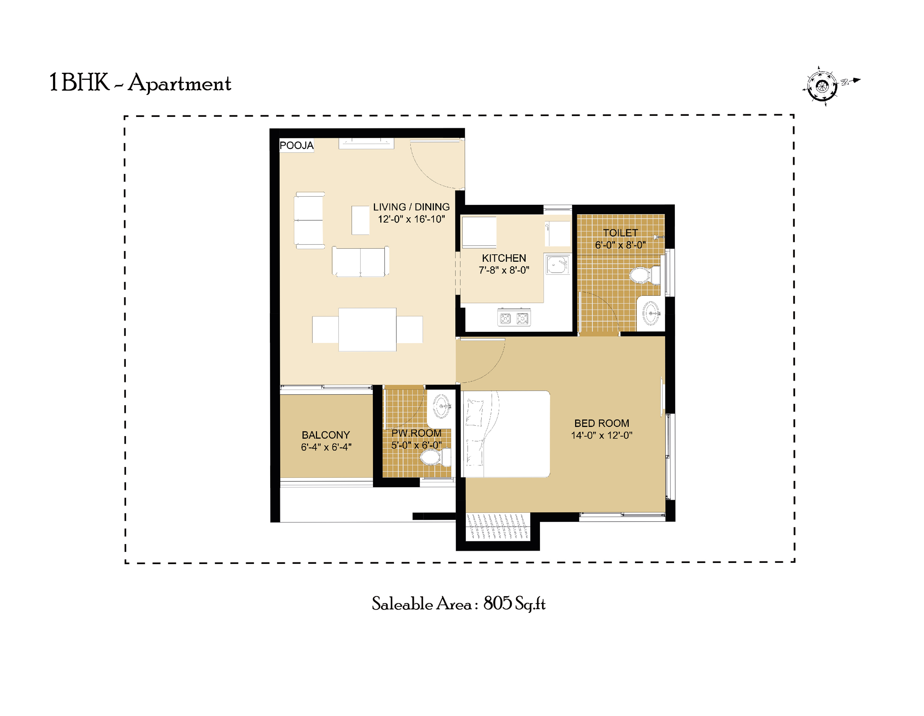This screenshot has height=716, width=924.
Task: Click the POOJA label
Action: [x=297, y=146]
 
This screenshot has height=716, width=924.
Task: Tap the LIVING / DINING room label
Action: [x=411, y=207]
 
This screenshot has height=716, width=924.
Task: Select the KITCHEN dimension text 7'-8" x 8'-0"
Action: [x=504, y=270]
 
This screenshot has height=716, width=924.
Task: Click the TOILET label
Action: [x=620, y=233]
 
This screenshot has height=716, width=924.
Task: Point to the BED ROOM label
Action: [x=602, y=423]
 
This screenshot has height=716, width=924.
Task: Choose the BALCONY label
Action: [x=326, y=435]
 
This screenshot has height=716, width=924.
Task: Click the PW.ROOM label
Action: [x=416, y=433]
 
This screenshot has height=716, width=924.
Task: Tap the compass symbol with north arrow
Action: [x=822, y=86]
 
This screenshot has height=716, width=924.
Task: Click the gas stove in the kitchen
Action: [x=514, y=317]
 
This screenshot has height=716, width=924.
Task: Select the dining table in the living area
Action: [x=367, y=329]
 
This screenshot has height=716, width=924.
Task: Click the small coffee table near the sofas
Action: [x=360, y=220]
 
